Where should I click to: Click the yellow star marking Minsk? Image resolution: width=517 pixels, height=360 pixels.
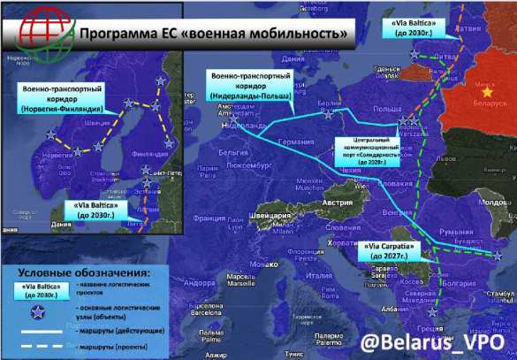tap(482, 91)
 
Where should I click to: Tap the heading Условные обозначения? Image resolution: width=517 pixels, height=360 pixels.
tap(84, 271)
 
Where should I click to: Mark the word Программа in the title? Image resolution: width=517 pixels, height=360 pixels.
tap(120, 34)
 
